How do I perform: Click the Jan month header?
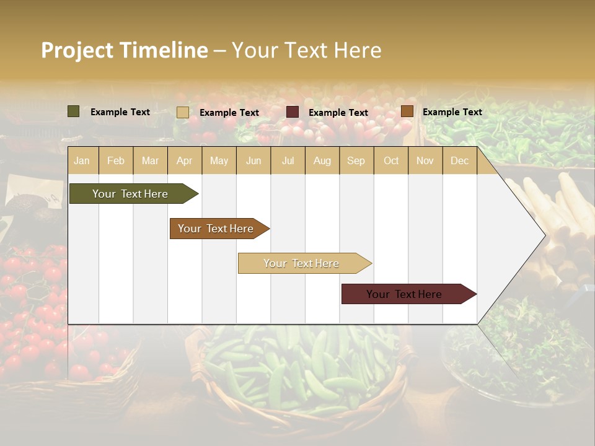[82, 161]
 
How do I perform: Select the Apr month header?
[185, 161]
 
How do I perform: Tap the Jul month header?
[288, 161]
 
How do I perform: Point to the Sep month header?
[356, 161]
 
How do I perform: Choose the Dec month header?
[459, 161]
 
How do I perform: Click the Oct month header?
[391, 161]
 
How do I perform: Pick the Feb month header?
[116, 161]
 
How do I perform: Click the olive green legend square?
[74, 111]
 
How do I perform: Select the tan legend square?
[182, 112]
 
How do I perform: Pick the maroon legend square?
[293, 112]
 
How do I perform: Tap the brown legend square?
[407, 111]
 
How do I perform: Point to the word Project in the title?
[77, 50]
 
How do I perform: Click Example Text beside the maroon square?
[338, 113]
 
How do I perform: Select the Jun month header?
[253, 161]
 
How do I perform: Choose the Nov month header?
[425, 161]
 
